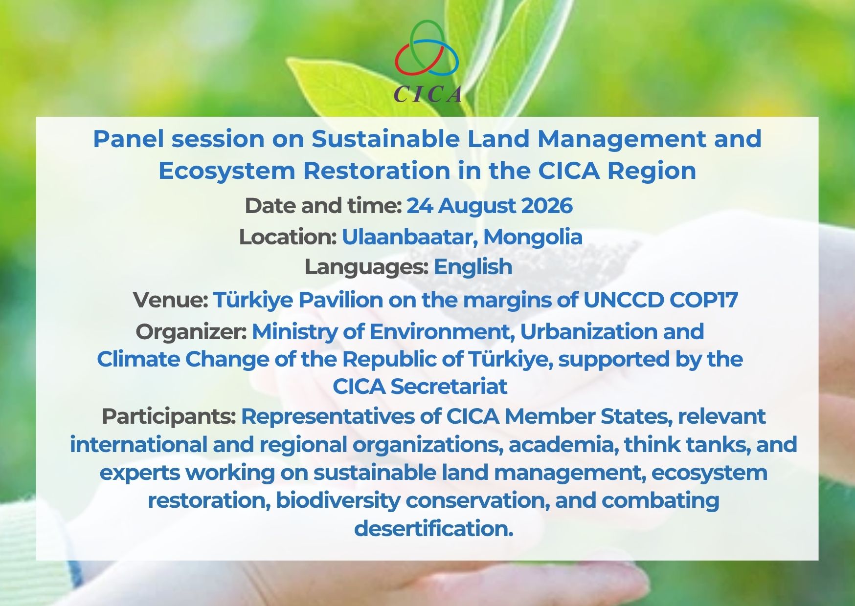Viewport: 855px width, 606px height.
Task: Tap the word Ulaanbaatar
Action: (x=410, y=237)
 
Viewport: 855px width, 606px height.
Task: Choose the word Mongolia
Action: (x=533, y=238)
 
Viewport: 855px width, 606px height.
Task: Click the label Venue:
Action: (x=171, y=300)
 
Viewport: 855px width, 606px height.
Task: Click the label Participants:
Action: (x=169, y=417)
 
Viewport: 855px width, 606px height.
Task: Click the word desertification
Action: (x=433, y=528)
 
